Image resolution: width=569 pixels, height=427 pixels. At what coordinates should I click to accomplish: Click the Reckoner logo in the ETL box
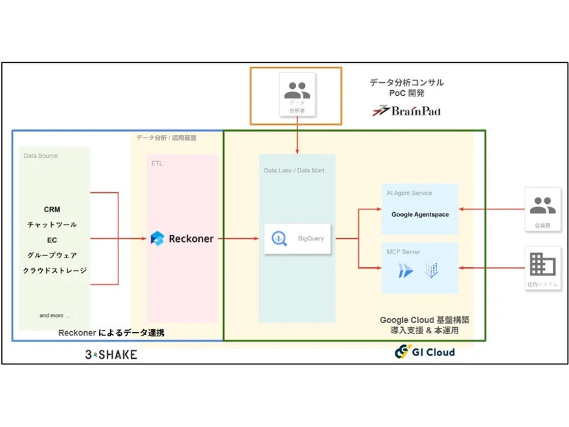click(182, 239)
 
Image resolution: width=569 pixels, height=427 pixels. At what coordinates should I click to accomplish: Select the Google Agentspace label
click(420, 214)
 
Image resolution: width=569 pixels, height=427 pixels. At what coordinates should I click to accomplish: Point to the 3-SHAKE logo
click(110, 354)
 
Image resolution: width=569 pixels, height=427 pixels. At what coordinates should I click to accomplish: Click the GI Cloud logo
click(424, 352)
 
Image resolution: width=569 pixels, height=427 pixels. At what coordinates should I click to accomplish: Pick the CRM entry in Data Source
click(52, 209)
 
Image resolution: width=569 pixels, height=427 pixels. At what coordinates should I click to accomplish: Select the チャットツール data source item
click(52, 225)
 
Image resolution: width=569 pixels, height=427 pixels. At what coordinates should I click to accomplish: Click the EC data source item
click(52, 240)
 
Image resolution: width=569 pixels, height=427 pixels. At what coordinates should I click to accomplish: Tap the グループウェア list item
click(52, 255)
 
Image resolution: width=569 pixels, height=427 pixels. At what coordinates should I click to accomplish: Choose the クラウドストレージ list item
click(54, 271)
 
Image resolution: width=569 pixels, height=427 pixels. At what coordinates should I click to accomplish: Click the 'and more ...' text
click(54, 315)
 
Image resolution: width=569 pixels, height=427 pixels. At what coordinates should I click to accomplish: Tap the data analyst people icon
click(297, 90)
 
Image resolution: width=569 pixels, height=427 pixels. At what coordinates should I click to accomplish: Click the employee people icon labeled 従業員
click(543, 205)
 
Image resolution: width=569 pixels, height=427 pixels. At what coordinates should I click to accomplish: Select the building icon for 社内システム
click(543, 264)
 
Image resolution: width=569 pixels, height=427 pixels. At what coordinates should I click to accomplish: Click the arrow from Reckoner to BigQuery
click(239, 239)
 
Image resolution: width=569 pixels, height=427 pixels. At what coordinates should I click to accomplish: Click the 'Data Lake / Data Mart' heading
click(293, 170)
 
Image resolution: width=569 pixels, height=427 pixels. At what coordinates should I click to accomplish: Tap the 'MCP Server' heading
click(403, 252)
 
